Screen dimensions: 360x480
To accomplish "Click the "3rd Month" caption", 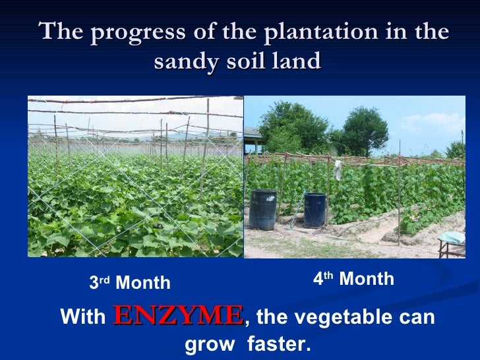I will (130, 284).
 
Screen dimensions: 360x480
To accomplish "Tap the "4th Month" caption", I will (353, 280).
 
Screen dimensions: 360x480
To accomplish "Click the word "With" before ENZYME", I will (82, 317).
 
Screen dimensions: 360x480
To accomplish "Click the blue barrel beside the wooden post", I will (314, 210).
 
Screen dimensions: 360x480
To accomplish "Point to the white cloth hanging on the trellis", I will (338, 169).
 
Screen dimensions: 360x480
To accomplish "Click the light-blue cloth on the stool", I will (452, 237).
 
